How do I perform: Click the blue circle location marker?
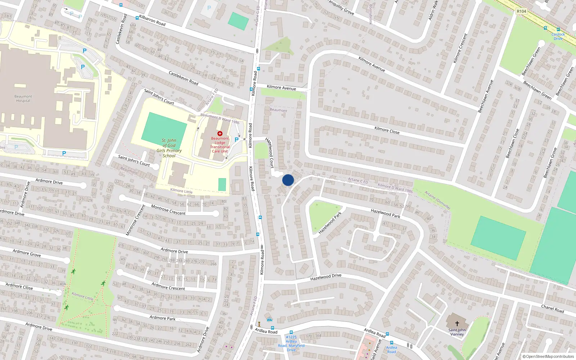[288, 180]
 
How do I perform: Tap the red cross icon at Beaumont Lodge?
[220, 134]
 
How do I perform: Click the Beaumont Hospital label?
[23, 99]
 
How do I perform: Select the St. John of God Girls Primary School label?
[169, 148]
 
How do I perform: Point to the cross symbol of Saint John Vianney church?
[457, 324]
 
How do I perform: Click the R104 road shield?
[521, 11]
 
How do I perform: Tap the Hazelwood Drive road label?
[326, 277]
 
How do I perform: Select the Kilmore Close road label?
[387, 130]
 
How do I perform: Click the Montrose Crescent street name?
[168, 210]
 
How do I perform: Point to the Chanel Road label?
[553, 309]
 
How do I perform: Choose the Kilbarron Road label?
[152, 21]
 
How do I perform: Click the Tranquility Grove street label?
[341, 7]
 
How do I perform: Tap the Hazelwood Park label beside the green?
[330, 223]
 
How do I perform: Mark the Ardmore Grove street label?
[27, 253]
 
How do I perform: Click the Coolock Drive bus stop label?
[558, 36]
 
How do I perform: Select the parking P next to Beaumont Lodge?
[237, 140]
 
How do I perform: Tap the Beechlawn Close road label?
[512, 143]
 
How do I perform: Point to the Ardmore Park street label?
[162, 318]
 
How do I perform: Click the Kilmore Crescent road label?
[460, 49]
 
